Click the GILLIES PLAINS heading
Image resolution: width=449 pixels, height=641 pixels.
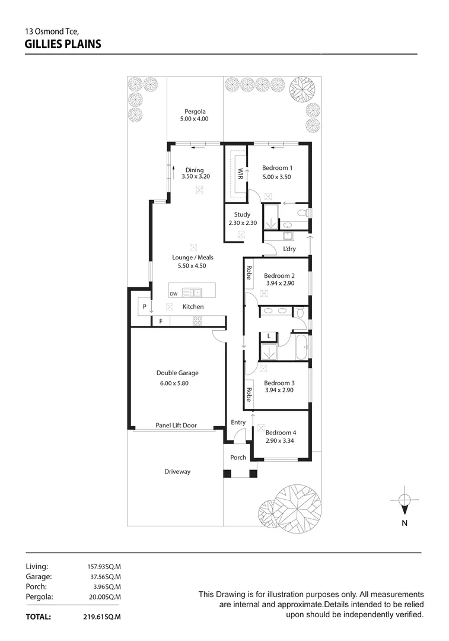coord(63,43)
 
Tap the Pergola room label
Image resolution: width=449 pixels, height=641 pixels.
coord(195,112)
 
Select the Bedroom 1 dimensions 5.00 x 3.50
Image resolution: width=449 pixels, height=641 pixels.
coord(276,177)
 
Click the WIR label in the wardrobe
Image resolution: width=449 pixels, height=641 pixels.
coord(240,174)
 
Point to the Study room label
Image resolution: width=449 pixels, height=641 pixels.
coord(242,214)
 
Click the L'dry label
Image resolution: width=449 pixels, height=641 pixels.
coord(289,249)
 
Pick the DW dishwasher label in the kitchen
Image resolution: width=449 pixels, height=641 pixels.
coord(174,294)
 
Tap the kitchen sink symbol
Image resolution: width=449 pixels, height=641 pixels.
coord(192,292)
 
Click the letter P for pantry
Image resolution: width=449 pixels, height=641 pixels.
coord(144,307)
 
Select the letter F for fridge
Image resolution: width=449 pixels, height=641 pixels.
coord(160,321)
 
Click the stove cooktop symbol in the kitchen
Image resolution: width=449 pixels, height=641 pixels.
coord(198,320)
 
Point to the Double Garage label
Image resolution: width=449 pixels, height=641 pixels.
coord(177,373)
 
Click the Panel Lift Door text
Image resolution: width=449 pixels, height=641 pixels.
coord(176,425)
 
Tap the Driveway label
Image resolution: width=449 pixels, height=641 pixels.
coord(177,472)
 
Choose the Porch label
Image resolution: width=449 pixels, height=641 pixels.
coord(238,458)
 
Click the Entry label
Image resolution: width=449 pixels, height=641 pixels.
coord(238,423)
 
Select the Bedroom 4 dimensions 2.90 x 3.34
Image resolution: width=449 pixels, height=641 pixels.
coord(280,441)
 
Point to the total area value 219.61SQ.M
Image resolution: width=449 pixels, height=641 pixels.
coord(102,617)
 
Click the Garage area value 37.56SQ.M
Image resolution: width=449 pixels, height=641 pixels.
coord(104,576)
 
